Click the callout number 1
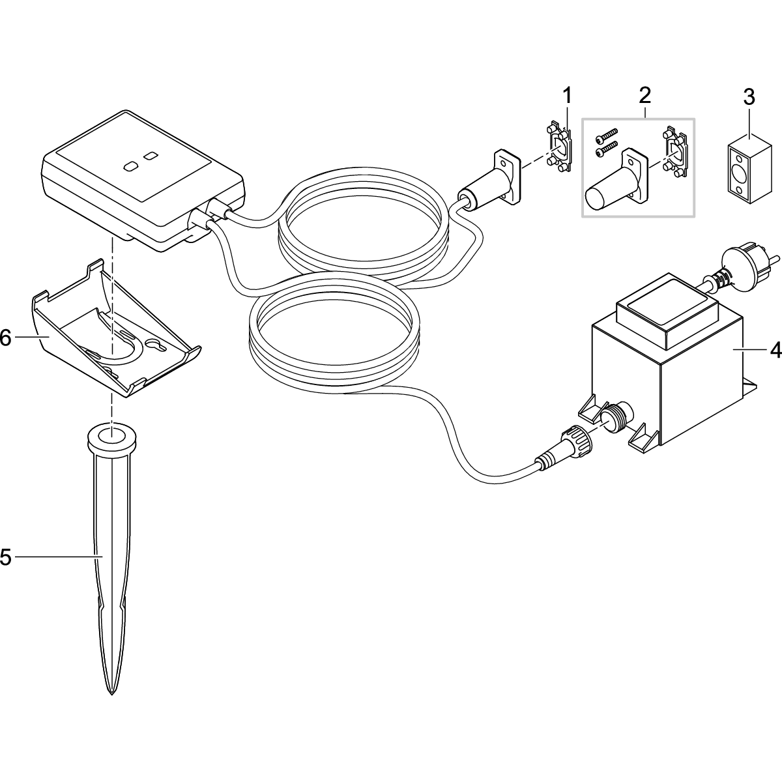(x=567, y=96)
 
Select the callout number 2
(x=644, y=96)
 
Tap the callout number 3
(x=749, y=98)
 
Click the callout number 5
(x=6, y=557)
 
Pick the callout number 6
(x=6, y=337)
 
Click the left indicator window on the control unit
(x=130, y=166)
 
